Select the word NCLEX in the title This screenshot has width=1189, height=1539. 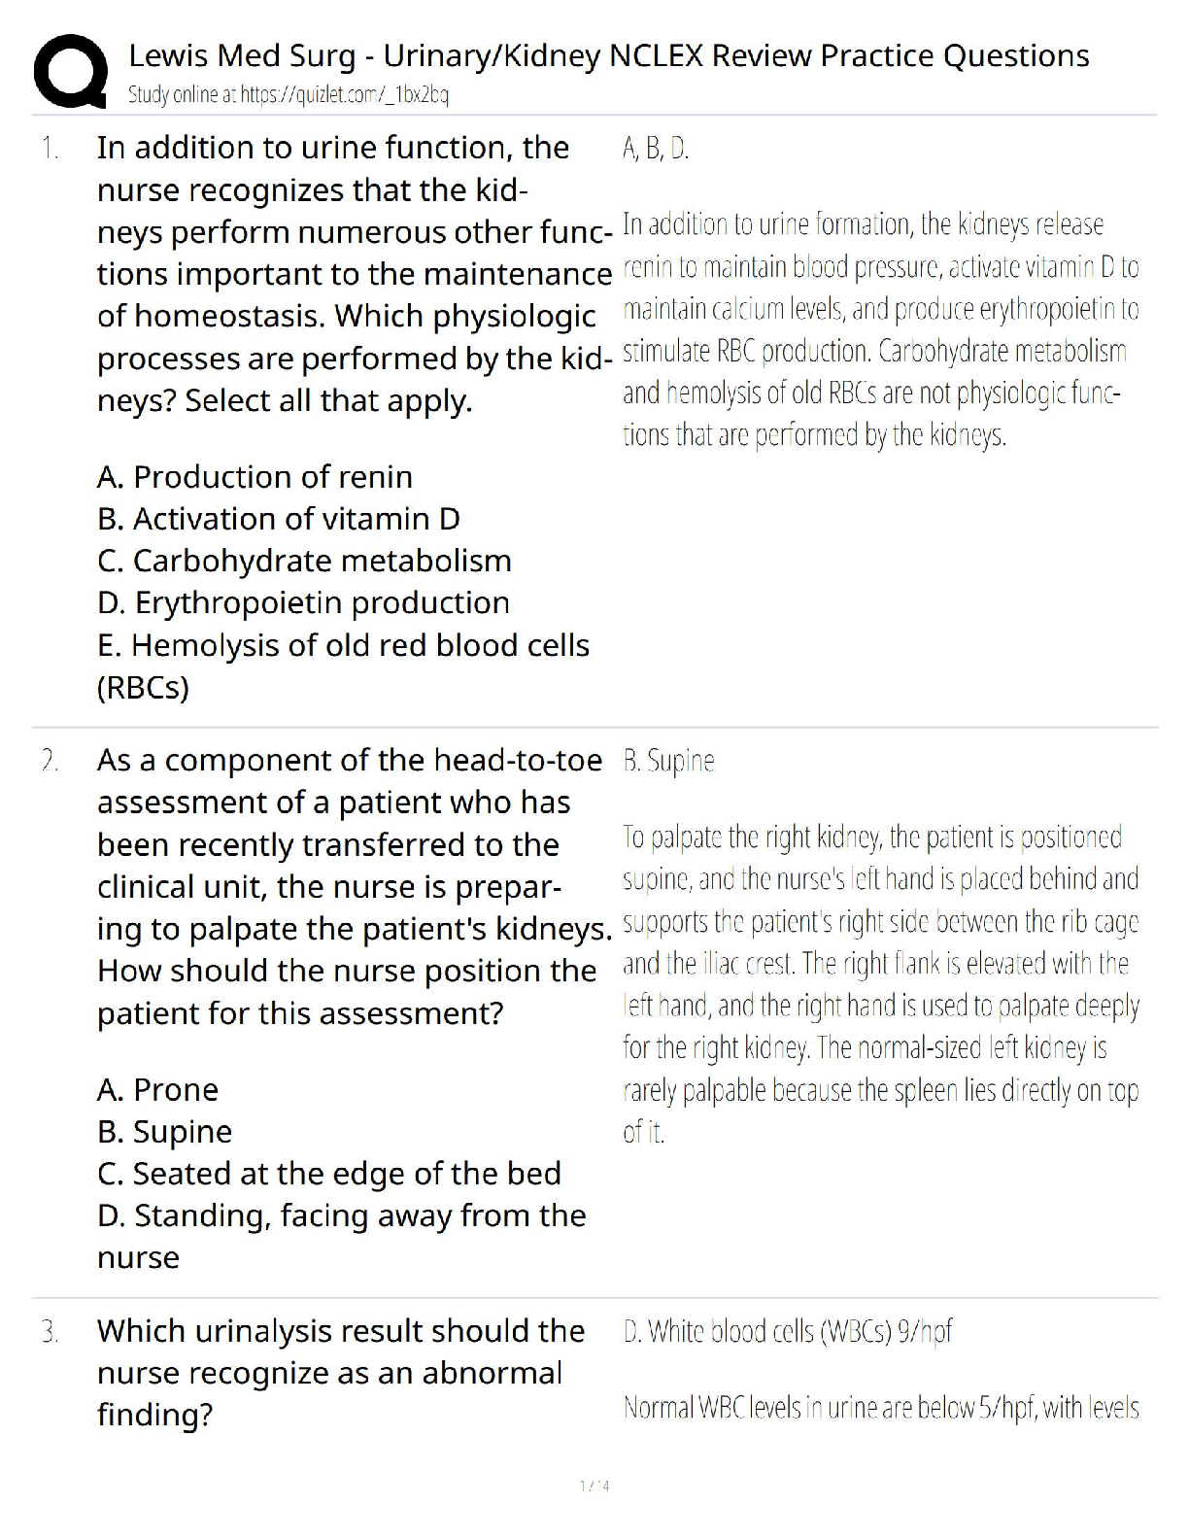click(x=655, y=56)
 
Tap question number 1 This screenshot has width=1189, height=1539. click(x=50, y=149)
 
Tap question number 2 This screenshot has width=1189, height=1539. click(x=50, y=761)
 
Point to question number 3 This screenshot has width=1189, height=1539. click(x=50, y=1331)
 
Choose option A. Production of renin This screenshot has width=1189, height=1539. click(x=255, y=477)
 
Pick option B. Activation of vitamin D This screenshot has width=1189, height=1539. click(x=278, y=519)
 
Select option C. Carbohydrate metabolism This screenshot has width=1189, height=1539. click(x=304, y=561)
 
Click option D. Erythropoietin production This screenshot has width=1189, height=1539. click(x=303, y=602)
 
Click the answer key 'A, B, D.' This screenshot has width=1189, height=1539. click(x=656, y=149)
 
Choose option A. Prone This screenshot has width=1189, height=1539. click(x=157, y=1090)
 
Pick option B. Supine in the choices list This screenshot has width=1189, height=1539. click(x=164, y=1132)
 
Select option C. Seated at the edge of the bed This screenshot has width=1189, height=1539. click(x=328, y=1174)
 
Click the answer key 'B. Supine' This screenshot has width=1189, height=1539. click(x=668, y=761)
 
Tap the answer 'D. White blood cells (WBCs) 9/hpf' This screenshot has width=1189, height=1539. click(x=787, y=1331)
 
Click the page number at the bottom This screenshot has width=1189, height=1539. click(x=594, y=1486)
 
